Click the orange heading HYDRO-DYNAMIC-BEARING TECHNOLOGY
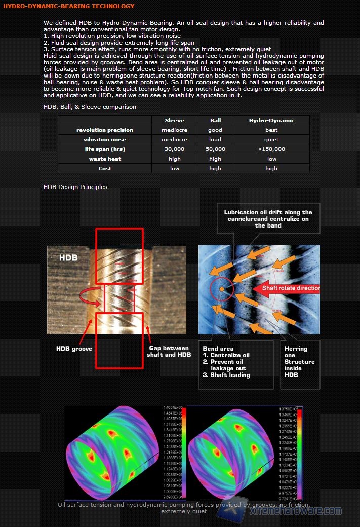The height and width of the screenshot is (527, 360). (x=69, y=6)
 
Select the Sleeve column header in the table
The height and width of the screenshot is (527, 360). (x=175, y=120)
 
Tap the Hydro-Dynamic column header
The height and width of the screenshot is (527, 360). (x=271, y=120)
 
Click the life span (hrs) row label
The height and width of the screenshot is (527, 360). (x=105, y=149)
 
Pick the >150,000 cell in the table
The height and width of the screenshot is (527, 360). (x=271, y=149)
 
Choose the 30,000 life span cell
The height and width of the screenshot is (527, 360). (x=175, y=149)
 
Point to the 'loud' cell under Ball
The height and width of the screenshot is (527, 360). (x=215, y=139)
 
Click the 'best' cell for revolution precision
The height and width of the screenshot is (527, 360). (x=271, y=130)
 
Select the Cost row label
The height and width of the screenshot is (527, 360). (x=105, y=168)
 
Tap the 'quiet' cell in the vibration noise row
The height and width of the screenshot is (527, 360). (x=271, y=139)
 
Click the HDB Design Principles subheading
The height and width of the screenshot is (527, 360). (x=75, y=187)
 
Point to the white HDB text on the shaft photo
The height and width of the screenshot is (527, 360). (x=68, y=258)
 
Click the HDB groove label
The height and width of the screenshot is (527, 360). (x=74, y=349)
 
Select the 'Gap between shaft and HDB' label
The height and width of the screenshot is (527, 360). (x=170, y=351)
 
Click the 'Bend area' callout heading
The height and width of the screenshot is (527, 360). (x=218, y=349)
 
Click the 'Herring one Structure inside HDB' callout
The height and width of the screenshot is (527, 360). (x=299, y=362)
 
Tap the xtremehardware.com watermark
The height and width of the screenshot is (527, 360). (x=296, y=511)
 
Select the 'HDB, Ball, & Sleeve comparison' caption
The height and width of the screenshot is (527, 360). (x=90, y=107)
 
